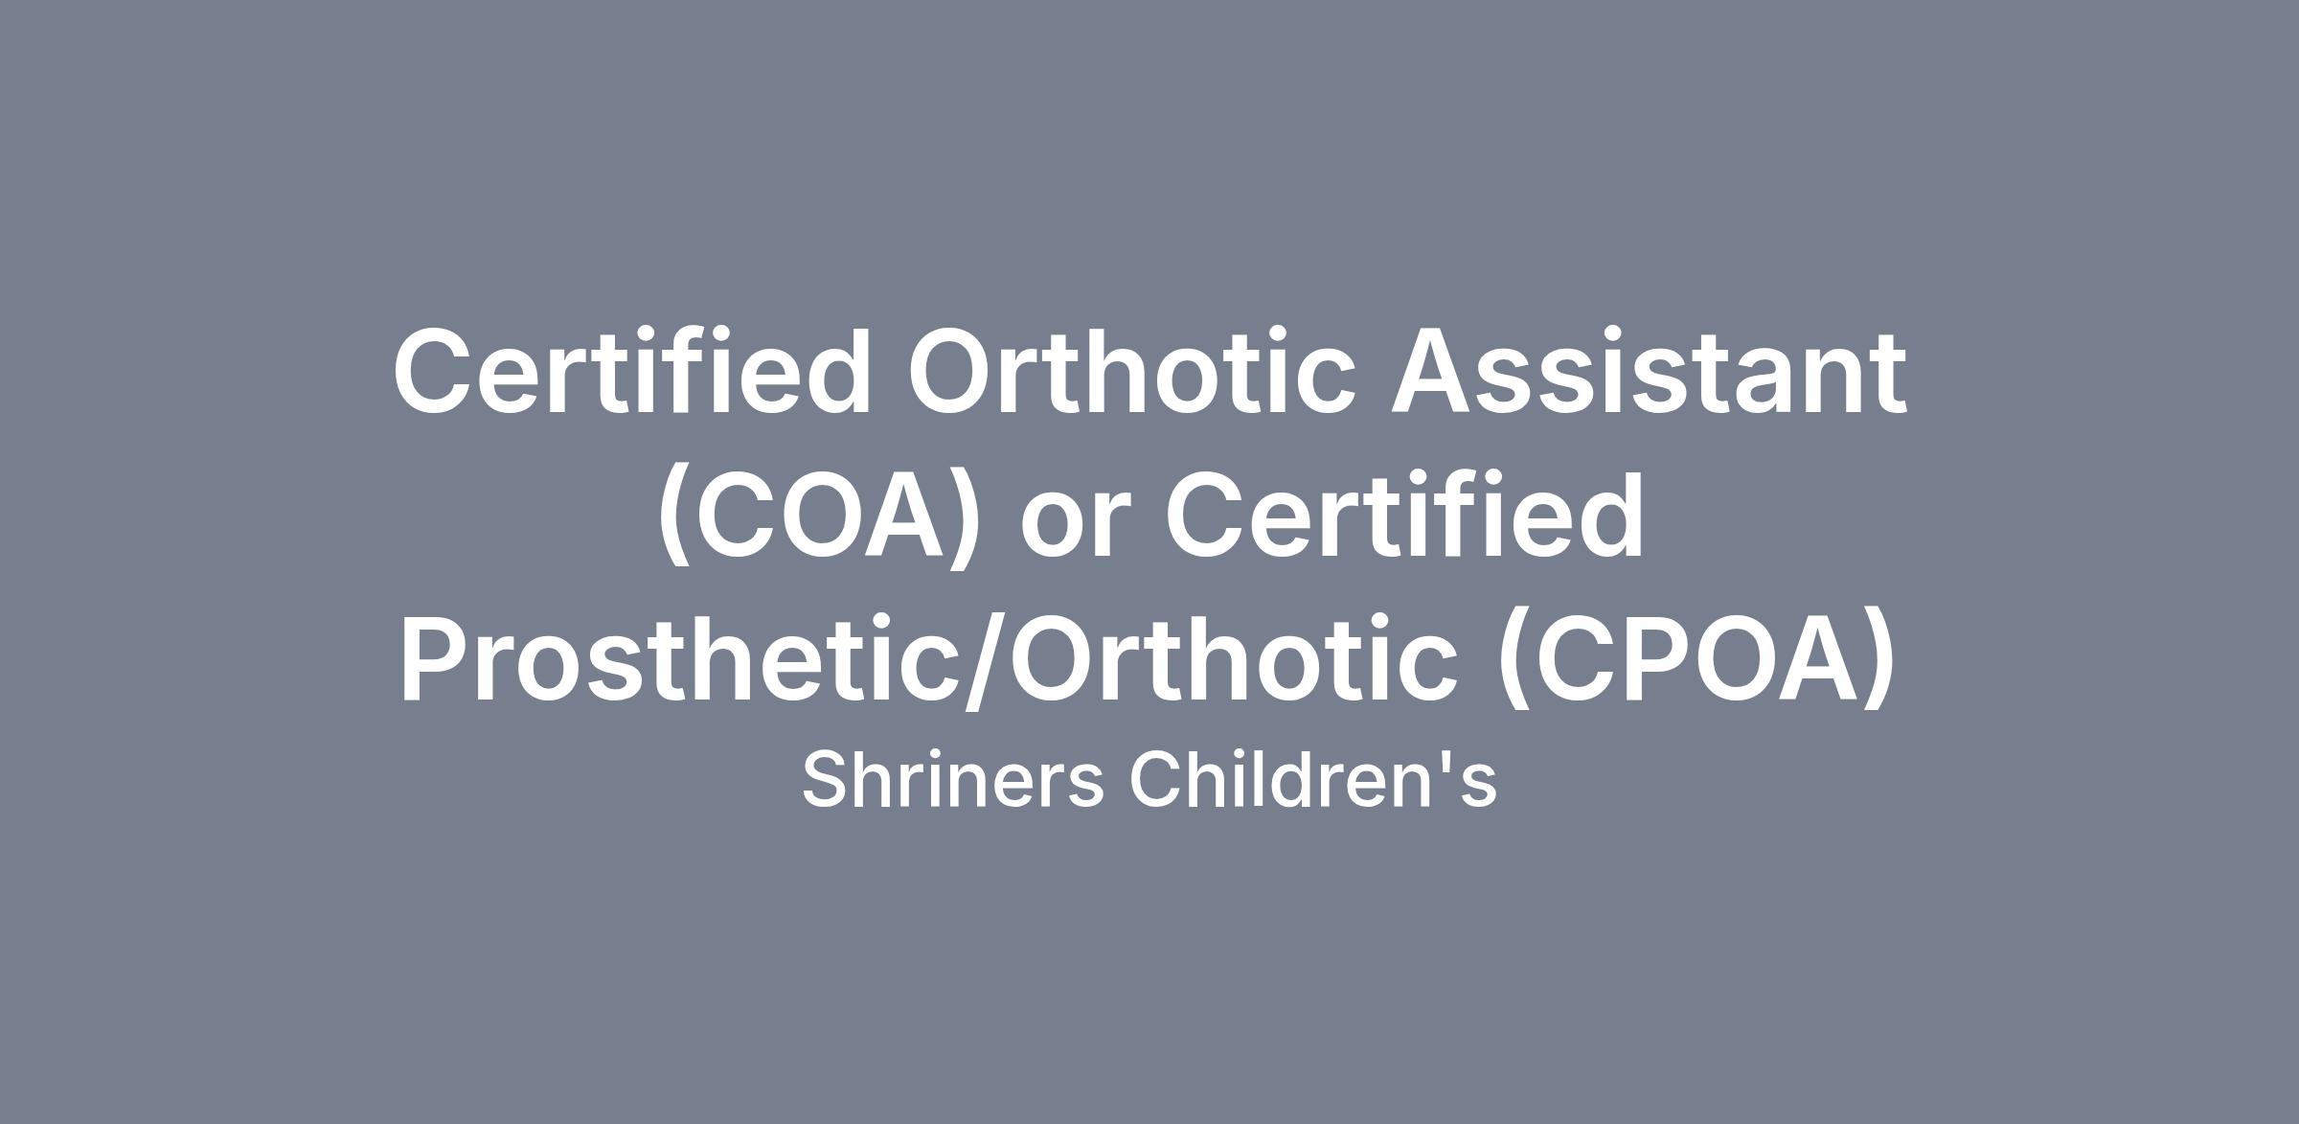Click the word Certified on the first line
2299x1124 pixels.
[x=631, y=371]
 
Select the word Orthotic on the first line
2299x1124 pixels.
[x=1131, y=371]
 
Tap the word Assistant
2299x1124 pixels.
[x=1649, y=371]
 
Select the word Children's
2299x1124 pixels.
[x=1313, y=779]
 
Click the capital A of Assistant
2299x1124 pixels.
[x=1435, y=372]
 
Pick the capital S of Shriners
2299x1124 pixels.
[x=828, y=779]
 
